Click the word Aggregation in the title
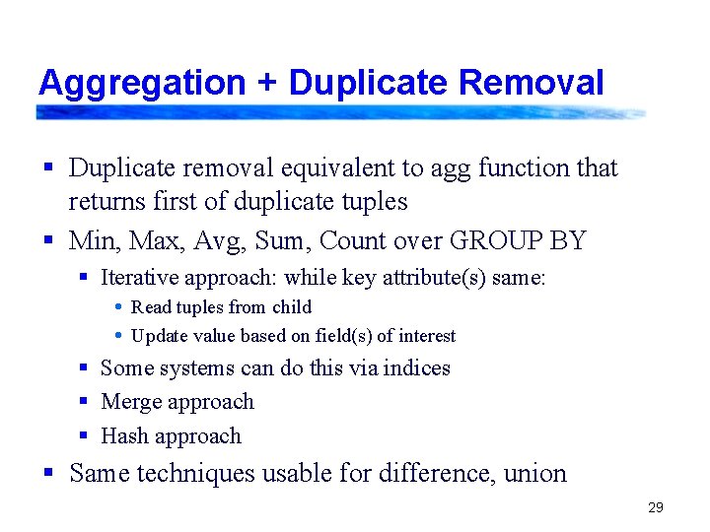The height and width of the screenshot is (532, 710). (x=141, y=83)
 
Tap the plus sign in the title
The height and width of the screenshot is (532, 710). (x=266, y=84)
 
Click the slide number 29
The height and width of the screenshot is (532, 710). (x=656, y=508)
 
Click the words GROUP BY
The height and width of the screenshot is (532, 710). (x=518, y=240)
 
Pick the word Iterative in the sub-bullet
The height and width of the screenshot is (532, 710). (x=139, y=278)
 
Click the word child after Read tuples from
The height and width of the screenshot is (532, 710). (x=292, y=307)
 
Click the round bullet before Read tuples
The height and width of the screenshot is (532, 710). (x=118, y=307)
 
